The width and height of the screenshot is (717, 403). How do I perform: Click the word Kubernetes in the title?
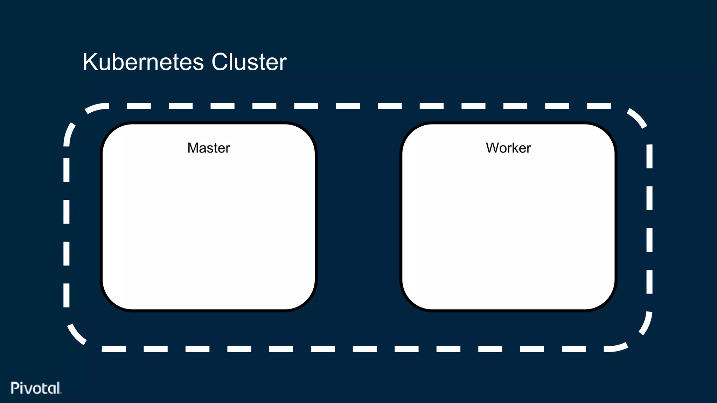143,62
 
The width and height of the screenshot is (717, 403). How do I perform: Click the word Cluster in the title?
249,62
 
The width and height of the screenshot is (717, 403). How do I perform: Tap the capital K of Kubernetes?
89,62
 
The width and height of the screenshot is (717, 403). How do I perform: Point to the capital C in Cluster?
220,62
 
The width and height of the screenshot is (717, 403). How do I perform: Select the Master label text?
209,148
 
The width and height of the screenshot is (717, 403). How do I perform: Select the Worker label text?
508,148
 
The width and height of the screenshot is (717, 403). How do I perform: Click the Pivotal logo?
36,388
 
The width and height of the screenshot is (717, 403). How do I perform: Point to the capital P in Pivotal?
15,388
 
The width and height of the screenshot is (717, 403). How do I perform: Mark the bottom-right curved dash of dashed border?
646,324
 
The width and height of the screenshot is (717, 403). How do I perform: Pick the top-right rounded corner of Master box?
306,133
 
